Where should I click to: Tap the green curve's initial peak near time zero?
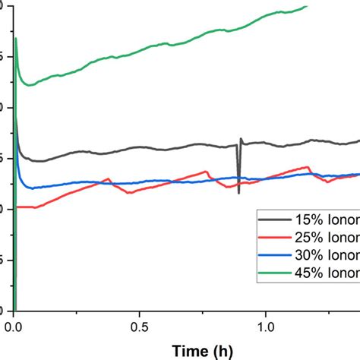click(x=16, y=39)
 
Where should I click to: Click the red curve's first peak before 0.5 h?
click(x=109, y=179)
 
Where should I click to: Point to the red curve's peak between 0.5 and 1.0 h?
click(x=206, y=172)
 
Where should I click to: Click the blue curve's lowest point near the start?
click(x=30, y=188)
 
